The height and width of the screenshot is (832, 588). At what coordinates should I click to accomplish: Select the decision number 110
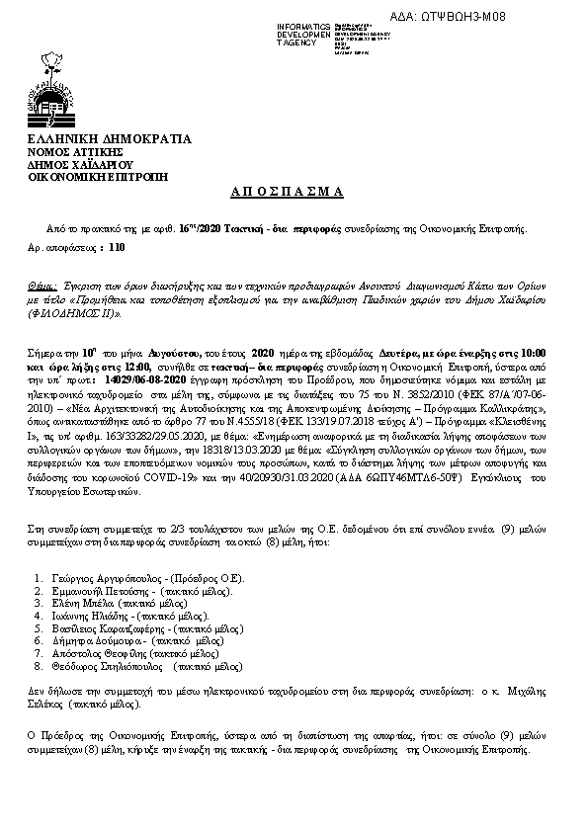click(x=118, y=249)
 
